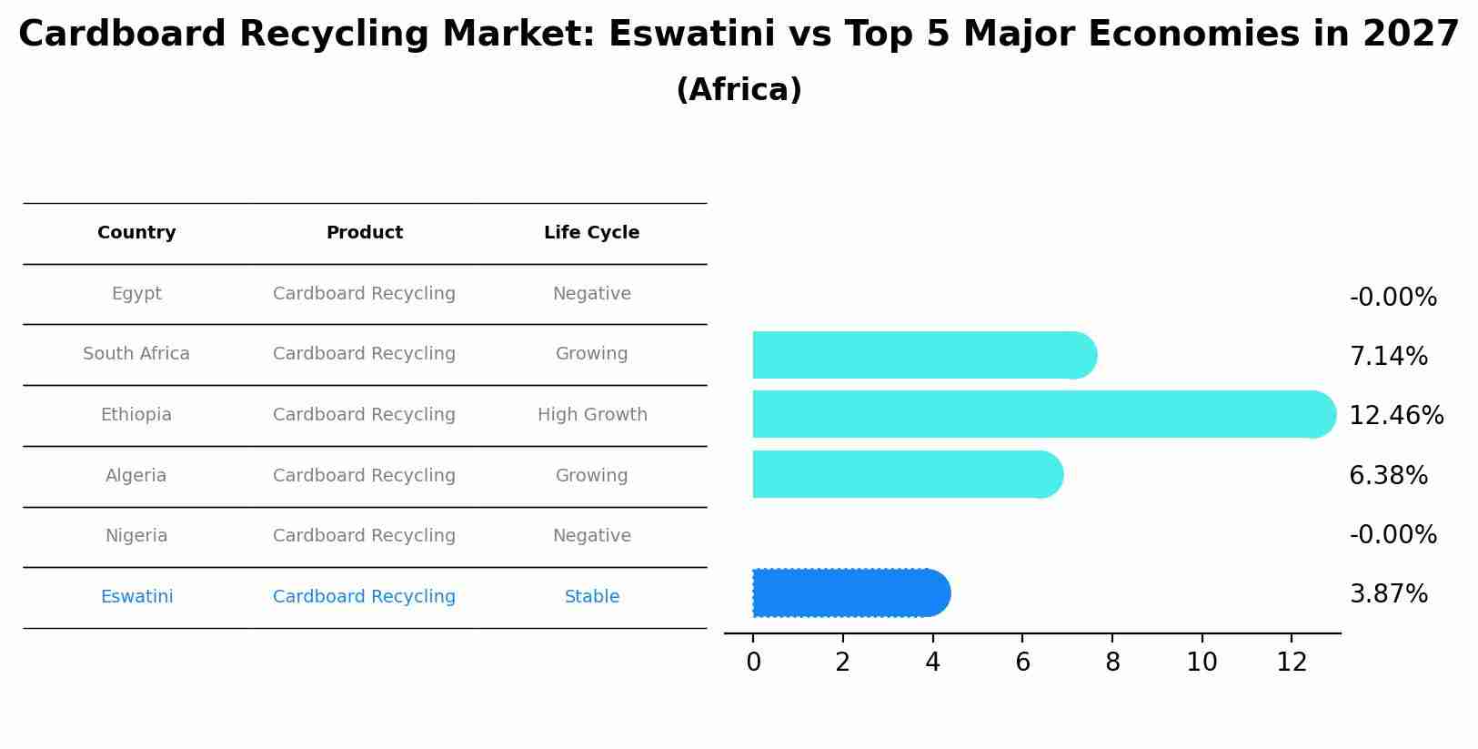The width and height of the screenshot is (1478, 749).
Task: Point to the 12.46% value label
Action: [1395, 416]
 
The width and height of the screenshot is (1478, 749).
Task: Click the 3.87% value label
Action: [1388, 594]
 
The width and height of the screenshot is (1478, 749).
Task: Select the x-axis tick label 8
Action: [1112, 663]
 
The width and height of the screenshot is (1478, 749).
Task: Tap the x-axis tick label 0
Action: [753, 663]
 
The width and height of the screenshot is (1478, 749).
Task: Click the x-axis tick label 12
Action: [1292, 663]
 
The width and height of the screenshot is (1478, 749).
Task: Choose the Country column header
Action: [136, 233]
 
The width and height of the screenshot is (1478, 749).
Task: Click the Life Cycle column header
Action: [591, 233]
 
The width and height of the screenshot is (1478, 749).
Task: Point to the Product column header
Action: [364, 233]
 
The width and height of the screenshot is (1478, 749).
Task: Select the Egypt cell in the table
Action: [136, 294]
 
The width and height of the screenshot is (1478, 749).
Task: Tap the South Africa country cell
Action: [136, 354]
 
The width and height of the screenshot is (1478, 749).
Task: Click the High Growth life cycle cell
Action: [592, 415]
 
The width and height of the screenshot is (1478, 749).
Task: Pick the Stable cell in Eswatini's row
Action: [591, 597]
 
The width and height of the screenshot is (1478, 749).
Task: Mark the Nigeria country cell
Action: [136, 536]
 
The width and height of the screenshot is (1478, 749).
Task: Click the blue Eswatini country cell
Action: [136, 597]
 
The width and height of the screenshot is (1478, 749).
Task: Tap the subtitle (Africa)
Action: [739, 90]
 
